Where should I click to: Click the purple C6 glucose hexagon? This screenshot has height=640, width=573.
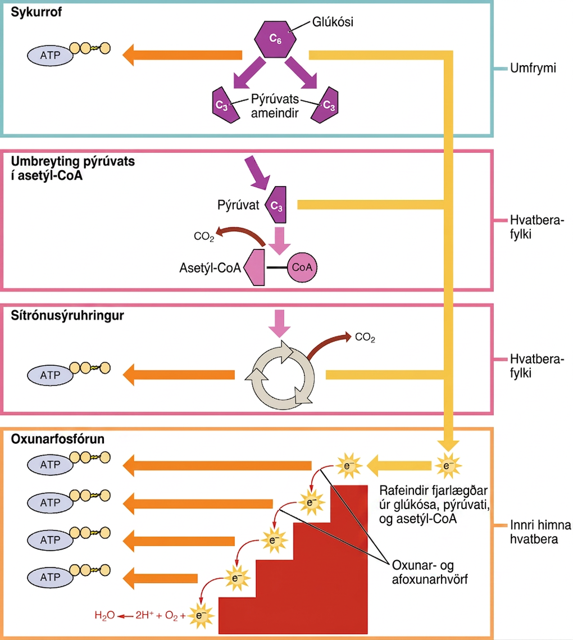tap(275, 39)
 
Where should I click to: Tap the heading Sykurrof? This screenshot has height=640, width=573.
tap(37, 12)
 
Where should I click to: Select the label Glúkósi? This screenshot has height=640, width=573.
tap(333, 21)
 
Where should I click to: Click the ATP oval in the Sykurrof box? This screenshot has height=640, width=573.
tap(50, 55)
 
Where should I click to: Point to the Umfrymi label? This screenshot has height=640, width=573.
tap(533, 68)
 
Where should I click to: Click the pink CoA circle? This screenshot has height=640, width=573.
tap(302, 267)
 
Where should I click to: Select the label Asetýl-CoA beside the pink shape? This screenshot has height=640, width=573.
tap(210, 268)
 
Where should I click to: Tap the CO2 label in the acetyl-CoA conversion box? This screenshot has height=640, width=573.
tap(204, 237)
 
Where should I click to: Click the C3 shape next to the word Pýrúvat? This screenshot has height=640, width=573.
tap(276, 205)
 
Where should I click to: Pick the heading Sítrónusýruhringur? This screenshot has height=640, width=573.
tap(67, 316)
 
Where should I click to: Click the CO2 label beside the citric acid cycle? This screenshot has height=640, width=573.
tap(365, 337)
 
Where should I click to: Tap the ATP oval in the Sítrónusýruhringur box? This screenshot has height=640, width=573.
tap(50, 375)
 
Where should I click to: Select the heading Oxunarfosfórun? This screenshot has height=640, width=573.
tap(57, 439)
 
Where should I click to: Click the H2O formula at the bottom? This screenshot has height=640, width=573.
tap(104, 615)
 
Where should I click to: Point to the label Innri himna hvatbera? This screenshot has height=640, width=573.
tap(540, 532)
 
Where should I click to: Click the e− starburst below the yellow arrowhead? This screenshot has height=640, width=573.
tap(448, 466)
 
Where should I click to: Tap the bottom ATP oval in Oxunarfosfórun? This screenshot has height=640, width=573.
tap(50, 577)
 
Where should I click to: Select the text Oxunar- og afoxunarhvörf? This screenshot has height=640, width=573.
tap(430, 572)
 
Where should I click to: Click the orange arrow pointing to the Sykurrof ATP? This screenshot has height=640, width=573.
tap(182, 55)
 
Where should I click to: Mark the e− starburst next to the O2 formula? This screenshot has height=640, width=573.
tap(199, 615)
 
